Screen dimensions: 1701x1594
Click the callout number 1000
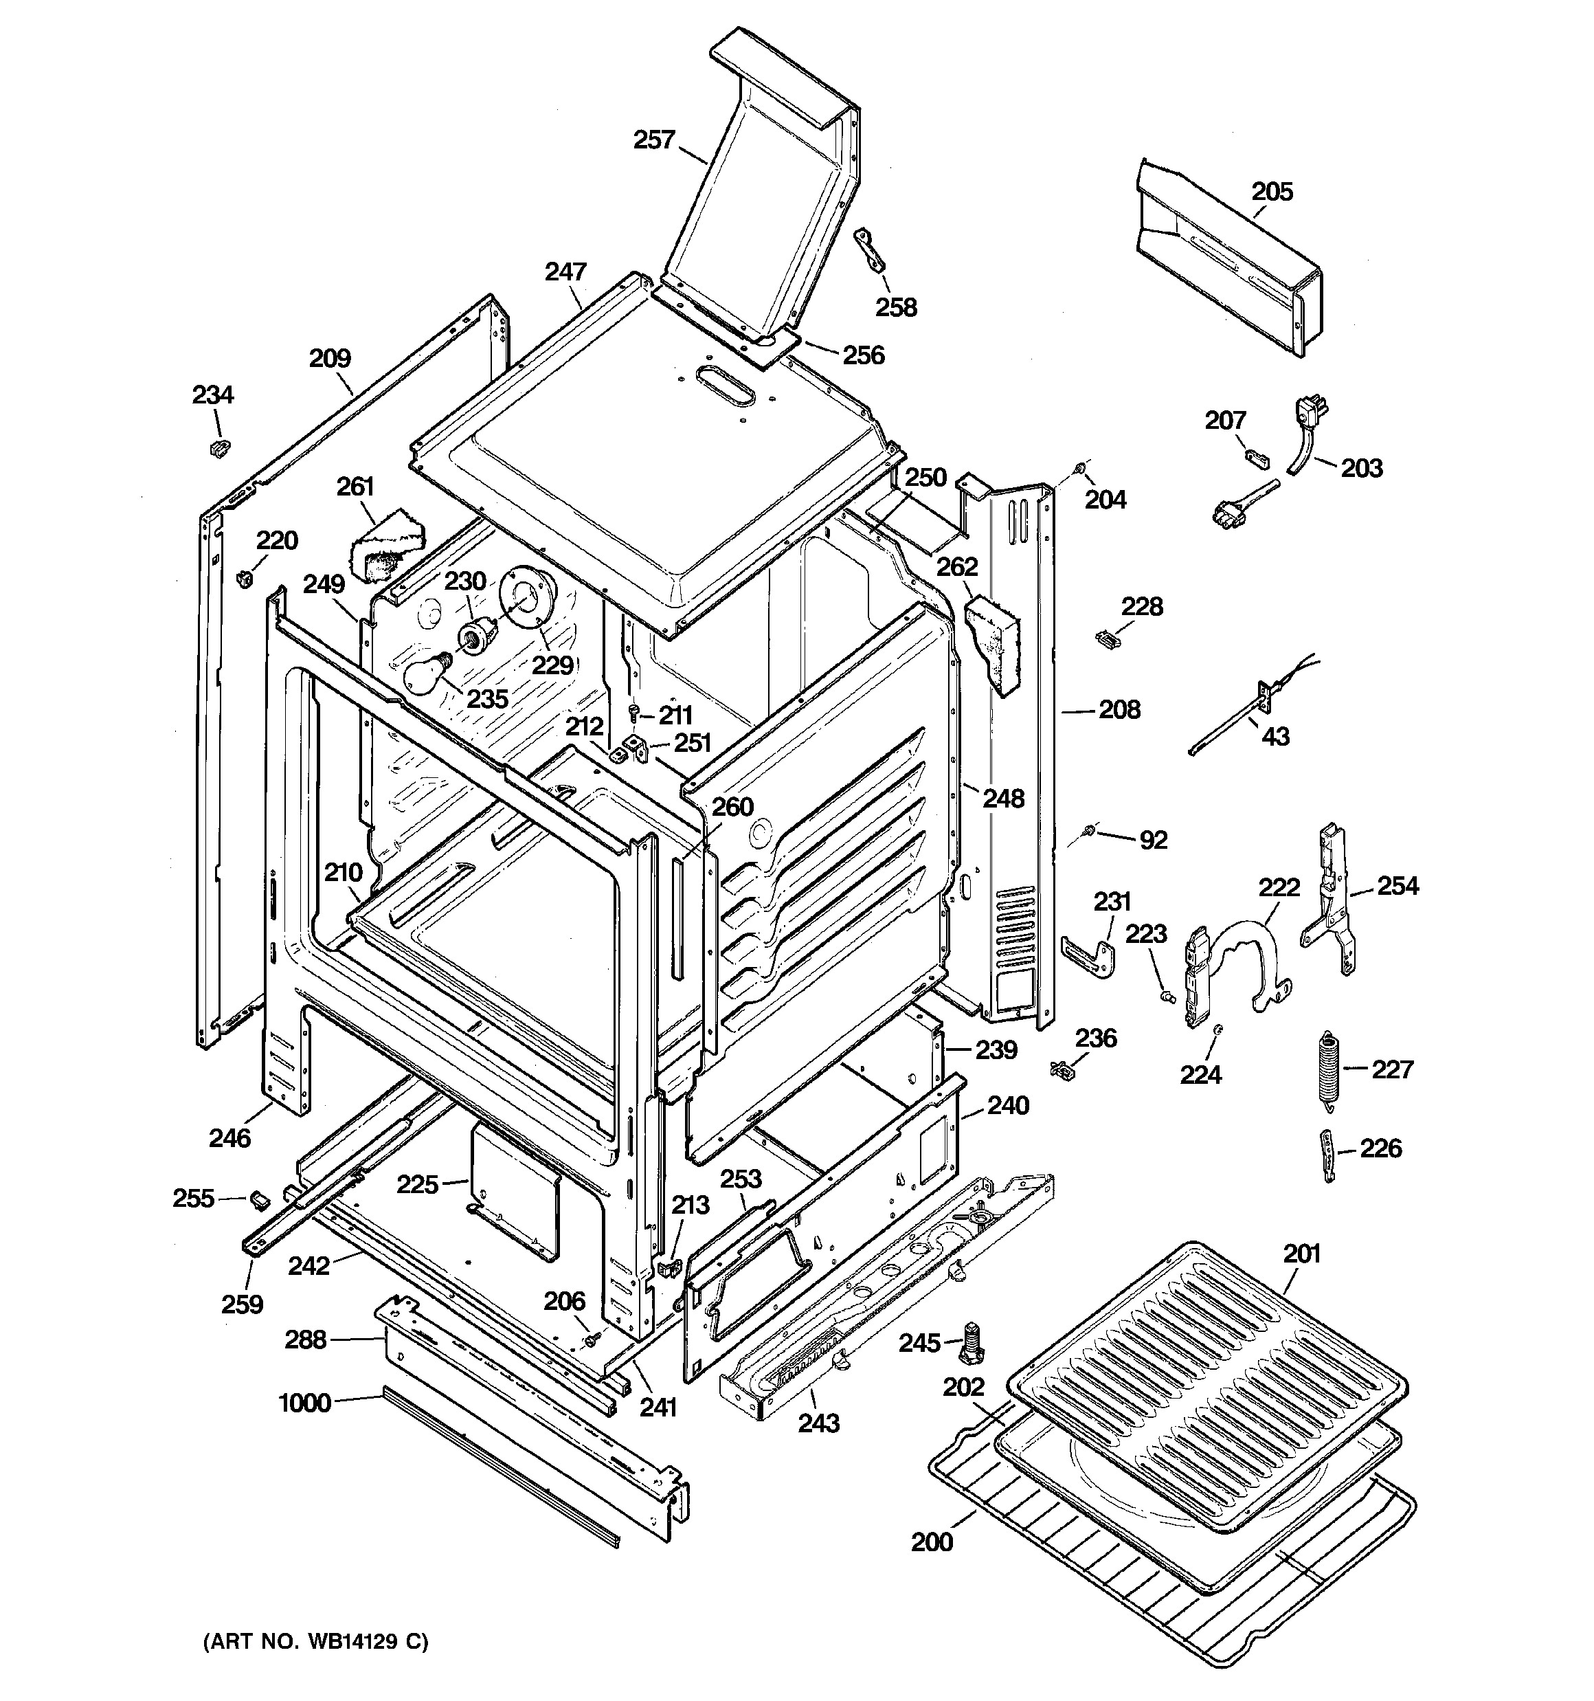[304, 1403]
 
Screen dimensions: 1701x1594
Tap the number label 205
[1272, 192]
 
